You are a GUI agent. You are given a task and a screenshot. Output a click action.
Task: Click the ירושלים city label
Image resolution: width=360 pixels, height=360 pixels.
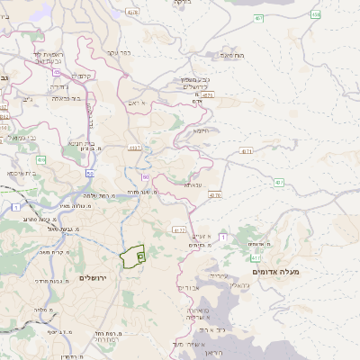pos(93,278)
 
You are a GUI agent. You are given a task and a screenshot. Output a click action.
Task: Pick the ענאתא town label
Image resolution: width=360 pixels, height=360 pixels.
pos(193,184)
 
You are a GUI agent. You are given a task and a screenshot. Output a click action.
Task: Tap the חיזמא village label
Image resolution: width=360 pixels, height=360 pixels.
pos(200,130)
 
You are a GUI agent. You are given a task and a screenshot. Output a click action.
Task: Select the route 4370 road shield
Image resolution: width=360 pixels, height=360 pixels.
pos(214,194)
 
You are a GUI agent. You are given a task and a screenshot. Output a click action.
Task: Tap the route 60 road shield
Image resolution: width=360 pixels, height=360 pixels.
pos(145,177)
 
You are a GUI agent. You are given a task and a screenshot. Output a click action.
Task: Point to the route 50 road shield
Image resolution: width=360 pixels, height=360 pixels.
pos(90,172)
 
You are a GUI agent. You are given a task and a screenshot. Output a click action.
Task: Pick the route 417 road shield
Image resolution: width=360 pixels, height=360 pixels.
pos(256,257)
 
